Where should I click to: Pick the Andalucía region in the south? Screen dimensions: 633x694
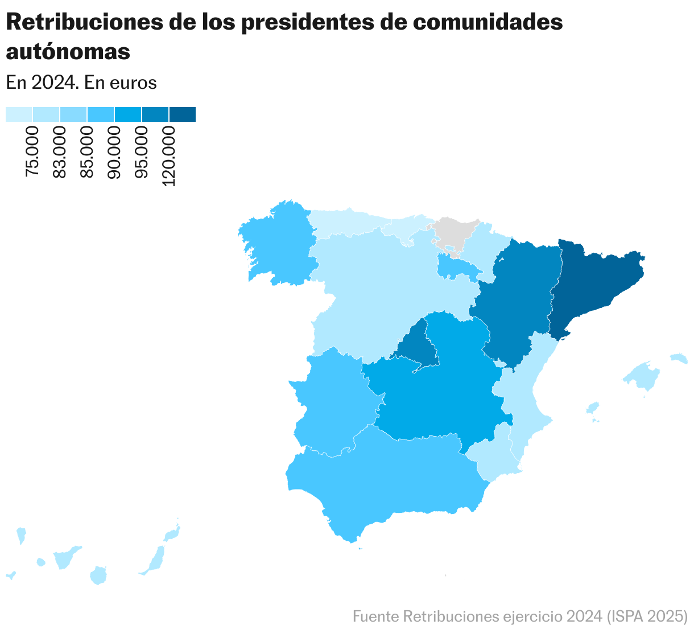[387, 478]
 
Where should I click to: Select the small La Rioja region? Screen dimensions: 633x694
[455, 266]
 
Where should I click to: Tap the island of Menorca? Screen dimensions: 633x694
[679, 358]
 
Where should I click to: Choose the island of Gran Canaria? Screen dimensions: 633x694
[98, 575]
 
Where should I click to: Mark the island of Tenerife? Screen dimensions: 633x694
[65, 558]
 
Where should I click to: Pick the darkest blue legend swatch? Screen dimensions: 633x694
[183, 114]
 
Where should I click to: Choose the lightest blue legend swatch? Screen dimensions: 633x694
[19, 114]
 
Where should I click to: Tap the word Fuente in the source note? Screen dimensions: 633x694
[376, 616]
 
